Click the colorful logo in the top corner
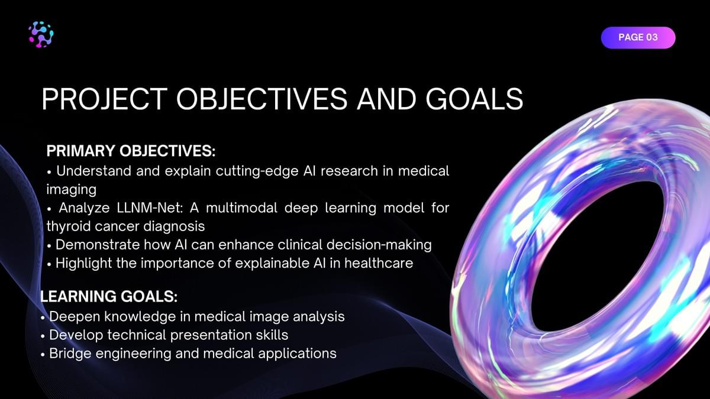click(x=41, y=34)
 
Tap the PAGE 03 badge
click(x=638, y=37)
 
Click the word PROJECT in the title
click(x=105, y=99)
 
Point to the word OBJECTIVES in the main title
click(x=262, y=99)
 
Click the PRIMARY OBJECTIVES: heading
click(x=131, y=151)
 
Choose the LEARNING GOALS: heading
click(x=109, y=296)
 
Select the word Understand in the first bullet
click(x=94, y=171)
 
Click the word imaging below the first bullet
click(x=72, y=190)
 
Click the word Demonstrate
click(x=98, y=245)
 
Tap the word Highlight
click(x=83, y=264)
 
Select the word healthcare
click(x=379, y=263)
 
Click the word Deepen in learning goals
click(x=75, y=317)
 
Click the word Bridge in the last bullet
click(x=70, y=353)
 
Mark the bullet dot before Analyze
click(x=49, y=209)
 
